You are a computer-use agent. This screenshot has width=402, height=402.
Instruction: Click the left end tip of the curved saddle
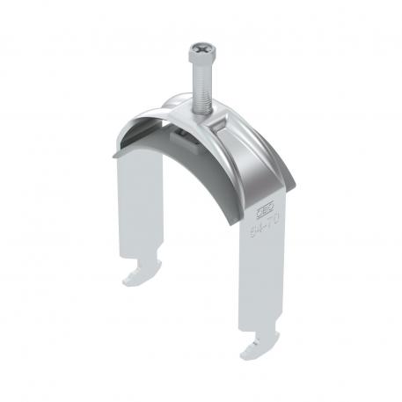118,136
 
